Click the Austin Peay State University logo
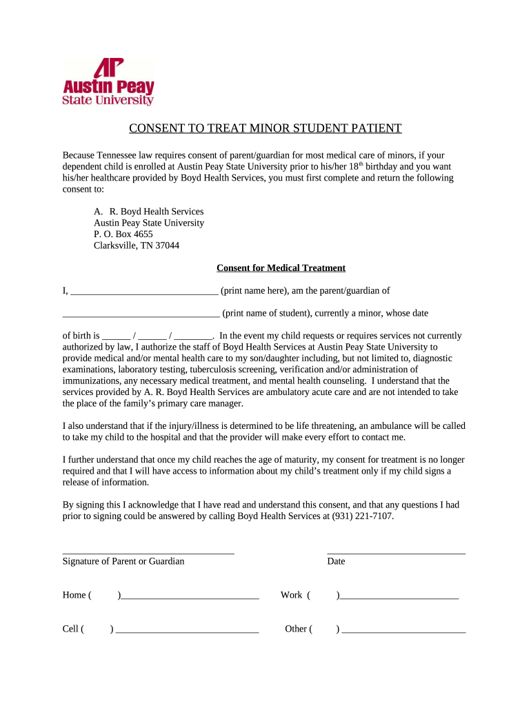(108, 81)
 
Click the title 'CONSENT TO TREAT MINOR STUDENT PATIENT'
(265, 128)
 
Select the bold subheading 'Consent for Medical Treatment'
(281, 268)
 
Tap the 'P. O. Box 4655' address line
(123, 234)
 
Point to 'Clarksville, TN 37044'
(137, 245)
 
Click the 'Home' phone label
(74, 595)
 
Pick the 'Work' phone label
(291, 595)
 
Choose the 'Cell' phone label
(72, 629)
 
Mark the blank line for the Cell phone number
(187, 632)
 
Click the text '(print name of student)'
(266, 313)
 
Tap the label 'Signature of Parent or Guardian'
(123, 561)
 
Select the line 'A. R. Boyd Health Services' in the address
(148, 212)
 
